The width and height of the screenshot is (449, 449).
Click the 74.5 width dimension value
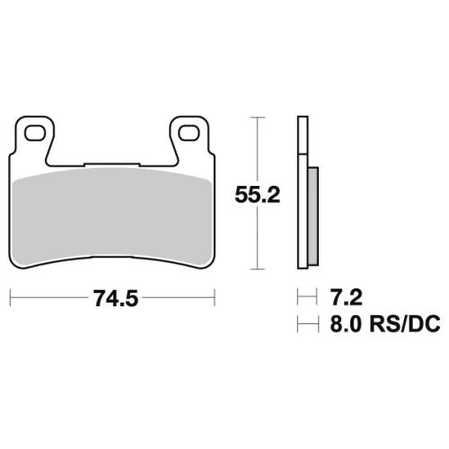116,298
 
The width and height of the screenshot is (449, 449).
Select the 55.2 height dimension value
258,195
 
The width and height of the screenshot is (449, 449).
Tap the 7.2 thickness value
346,297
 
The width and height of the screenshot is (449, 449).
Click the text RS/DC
405,323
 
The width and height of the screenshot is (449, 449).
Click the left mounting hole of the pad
35,133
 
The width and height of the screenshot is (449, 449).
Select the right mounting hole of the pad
189,133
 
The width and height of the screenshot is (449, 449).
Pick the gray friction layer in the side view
313,216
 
